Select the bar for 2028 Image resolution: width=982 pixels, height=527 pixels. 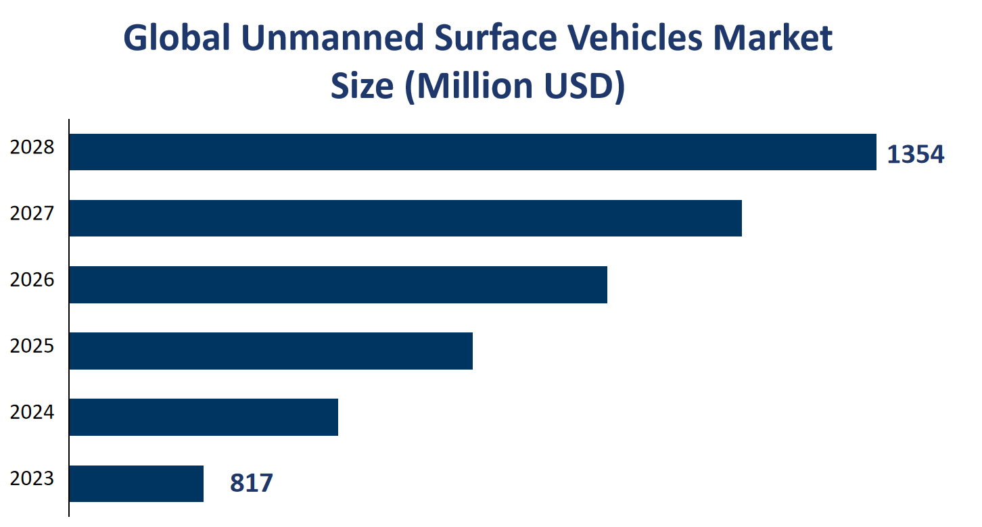[x=473, y=152]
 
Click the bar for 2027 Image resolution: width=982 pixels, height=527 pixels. [x=406, y=218]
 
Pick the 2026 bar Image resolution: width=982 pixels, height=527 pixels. [x=338, y=284]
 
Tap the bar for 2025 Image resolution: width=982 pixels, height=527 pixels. [x=271, y=351]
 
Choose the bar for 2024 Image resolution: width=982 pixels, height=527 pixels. [x=204, y=417]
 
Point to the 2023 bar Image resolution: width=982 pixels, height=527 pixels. [x=136, y=483]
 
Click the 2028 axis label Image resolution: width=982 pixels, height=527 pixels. [x=32, y=147]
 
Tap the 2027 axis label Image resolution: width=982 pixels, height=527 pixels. [x=32, y=213]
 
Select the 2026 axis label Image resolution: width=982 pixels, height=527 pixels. [x=32, y=279]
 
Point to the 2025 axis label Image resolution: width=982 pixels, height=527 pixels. [x=32, y=345]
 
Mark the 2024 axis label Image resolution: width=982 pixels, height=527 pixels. [x=32, y=411]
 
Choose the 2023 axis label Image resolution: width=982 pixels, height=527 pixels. [x=32, y=478]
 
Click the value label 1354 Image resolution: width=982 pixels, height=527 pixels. [x=915, y=155]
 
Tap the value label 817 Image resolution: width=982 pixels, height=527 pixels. [x=251, y=483]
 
